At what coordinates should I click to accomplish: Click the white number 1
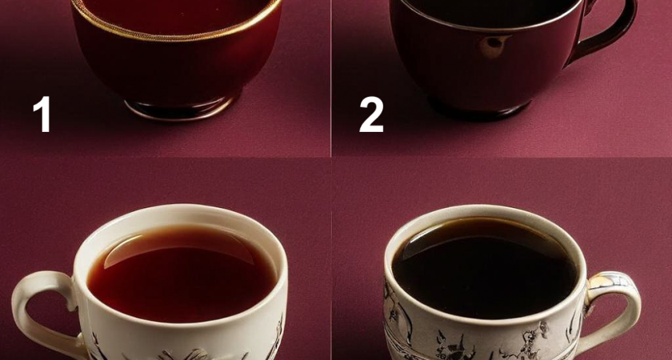pos(43,114)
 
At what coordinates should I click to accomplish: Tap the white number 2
pos(371,114)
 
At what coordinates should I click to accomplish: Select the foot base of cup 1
pos(181,109)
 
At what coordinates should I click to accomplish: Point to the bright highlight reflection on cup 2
pos(495,46)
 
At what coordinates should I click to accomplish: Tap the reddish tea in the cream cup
pos(182,278)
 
